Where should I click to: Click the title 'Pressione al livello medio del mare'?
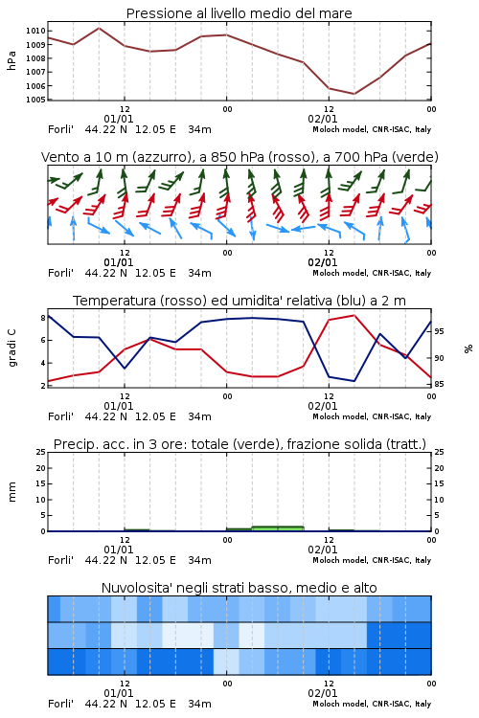click(239, 13)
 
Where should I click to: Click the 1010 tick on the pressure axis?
click(35, 31)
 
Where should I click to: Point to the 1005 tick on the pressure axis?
click(35, 100)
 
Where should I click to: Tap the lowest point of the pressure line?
click(354, 94)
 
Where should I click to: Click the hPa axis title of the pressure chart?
click(11, 60)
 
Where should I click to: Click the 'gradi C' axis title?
click(11, 348)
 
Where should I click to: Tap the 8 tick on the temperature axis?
click(43, 318)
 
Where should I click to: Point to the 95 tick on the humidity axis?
click(439, 331)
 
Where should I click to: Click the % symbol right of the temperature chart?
click(468, 348)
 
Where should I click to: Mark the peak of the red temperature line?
click(354, 315)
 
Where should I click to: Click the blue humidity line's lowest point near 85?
click(354, 381)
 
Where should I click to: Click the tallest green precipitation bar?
click(278, 528)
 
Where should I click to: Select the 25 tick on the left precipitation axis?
click(41, 452)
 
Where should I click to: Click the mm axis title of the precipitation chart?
click(11, 492)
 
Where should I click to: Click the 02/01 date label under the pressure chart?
click(323, 119)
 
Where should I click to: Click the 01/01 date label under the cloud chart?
click(119, 693)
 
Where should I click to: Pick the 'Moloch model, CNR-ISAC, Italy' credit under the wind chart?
click(372, 273)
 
